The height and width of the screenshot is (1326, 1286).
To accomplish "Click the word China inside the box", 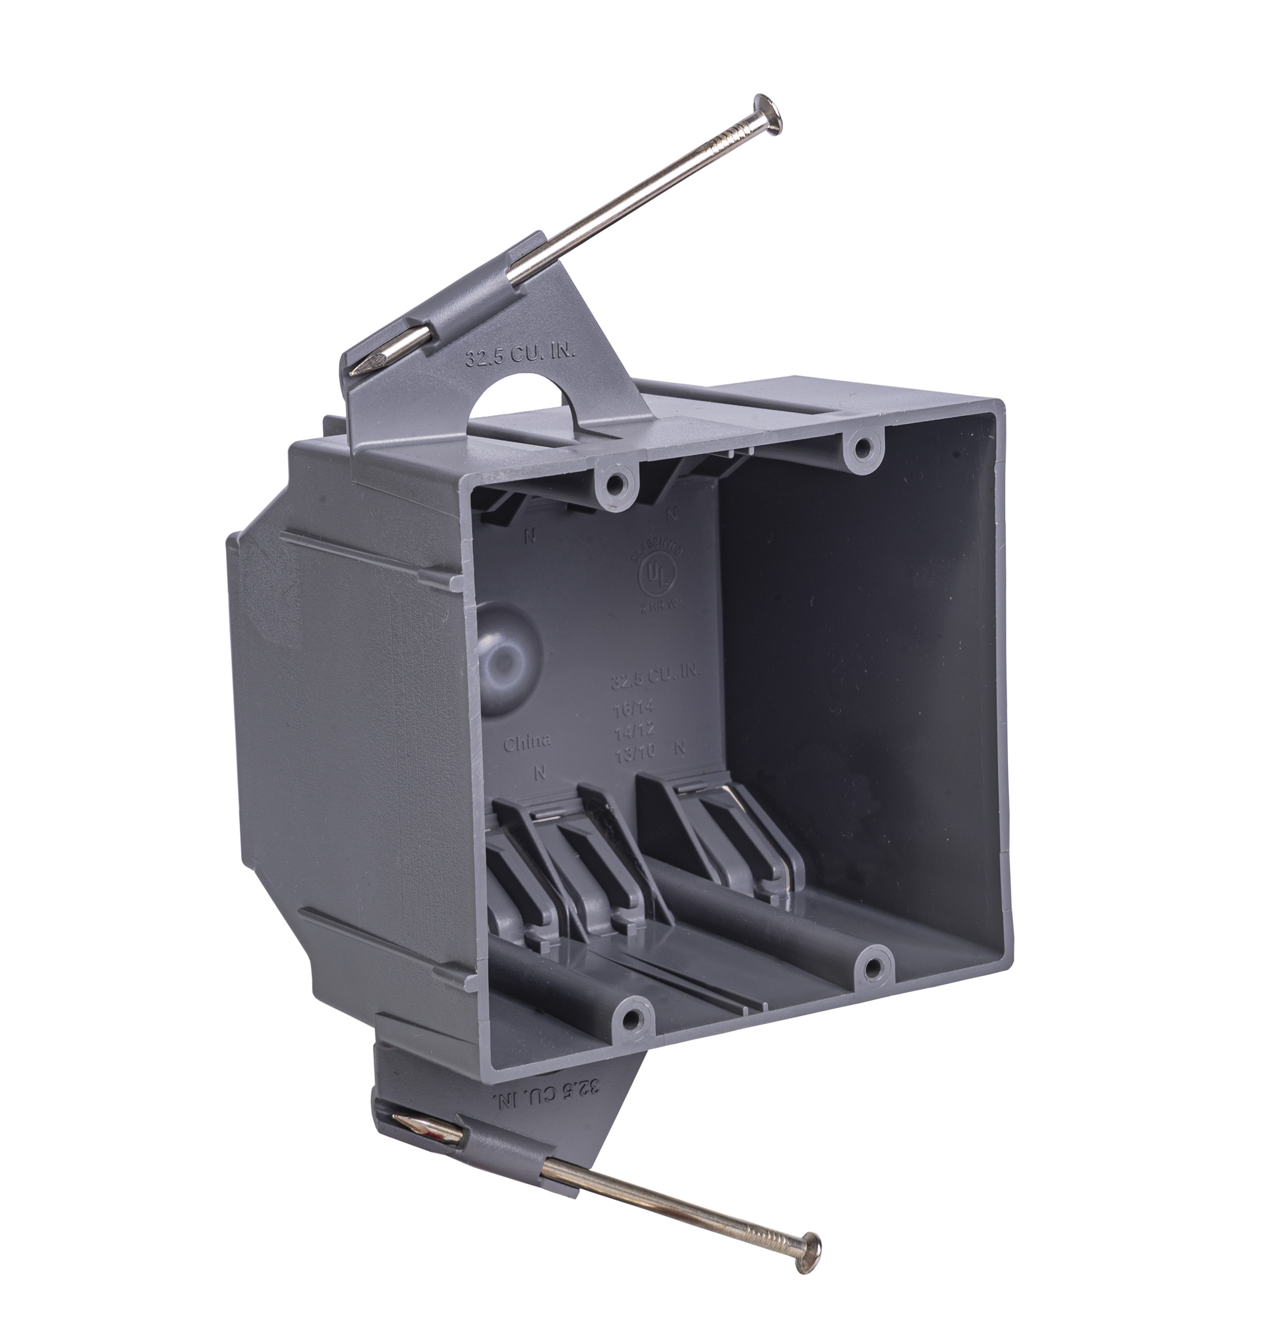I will click(x=527, y=742).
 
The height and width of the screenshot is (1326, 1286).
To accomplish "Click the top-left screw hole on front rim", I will click(x=615, y=482).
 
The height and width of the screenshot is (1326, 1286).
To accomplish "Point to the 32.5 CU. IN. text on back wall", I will click(x=655, y=676).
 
